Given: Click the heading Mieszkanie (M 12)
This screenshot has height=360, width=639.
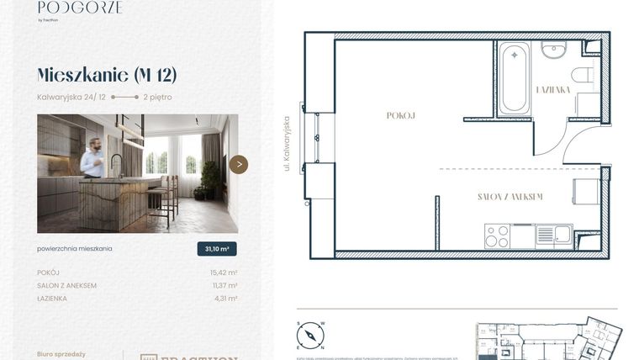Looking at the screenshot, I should click(107, 75).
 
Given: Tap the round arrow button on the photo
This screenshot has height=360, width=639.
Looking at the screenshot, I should click(239, 164).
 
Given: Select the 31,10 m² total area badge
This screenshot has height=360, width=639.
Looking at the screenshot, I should click(217, 249).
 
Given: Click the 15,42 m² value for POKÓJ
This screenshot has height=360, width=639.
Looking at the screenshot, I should click(224, 273).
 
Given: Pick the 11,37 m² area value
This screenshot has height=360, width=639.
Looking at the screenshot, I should click(224, 285).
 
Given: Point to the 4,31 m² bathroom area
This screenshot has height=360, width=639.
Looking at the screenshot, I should click(226, 298).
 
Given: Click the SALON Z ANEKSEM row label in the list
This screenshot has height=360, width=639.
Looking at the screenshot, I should click(66, 285).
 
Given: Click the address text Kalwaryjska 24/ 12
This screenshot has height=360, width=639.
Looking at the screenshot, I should click(71, 97).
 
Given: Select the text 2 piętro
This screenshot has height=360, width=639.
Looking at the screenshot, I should click(157, 97).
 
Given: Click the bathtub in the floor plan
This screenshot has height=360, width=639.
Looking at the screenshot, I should click(513, 79).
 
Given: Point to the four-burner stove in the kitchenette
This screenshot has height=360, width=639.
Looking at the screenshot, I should click(497, 236).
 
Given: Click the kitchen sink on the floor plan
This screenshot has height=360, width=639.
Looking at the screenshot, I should click(553, 235).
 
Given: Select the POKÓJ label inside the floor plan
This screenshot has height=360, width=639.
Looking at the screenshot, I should click(401, 115).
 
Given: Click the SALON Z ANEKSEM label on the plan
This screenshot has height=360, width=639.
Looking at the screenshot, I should click(510, 197).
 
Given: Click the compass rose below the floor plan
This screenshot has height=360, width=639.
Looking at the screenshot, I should click(310, 336).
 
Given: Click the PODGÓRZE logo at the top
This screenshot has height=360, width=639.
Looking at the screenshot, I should click(80, 8).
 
